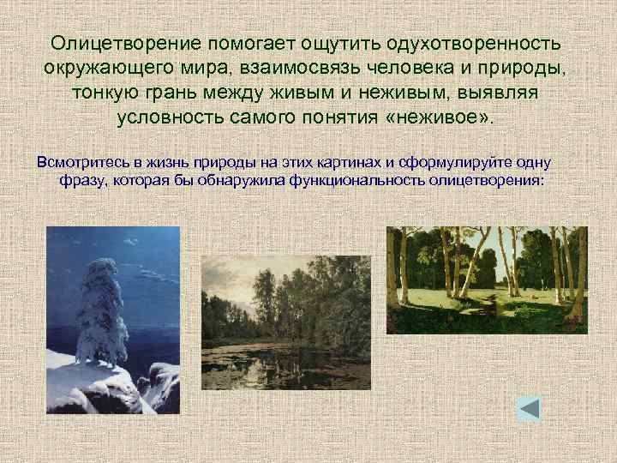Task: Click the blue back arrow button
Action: [529, 407]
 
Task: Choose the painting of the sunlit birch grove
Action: [487, 279]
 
